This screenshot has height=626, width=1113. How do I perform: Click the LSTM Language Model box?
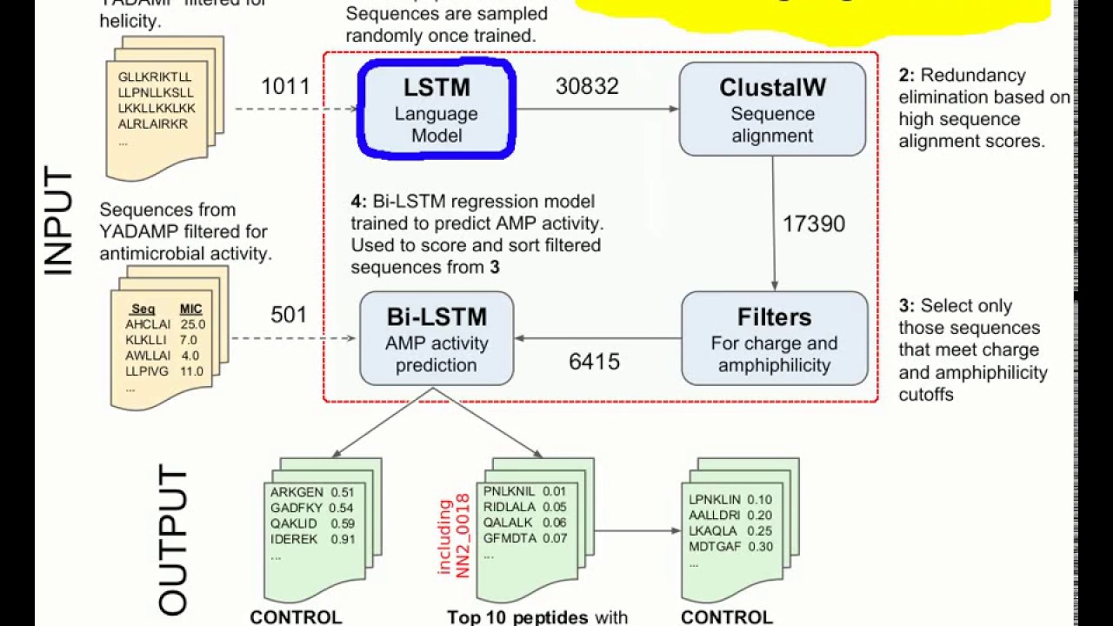click(437, 110)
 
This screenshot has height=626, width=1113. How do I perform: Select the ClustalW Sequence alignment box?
click(772, 110)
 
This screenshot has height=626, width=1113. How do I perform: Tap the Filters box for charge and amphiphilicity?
click(774, 339)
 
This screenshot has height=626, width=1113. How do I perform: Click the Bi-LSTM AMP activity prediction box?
click(437, 339)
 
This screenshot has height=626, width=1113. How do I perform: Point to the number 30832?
click(587, 86)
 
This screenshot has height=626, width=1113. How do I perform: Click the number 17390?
click(813, 224)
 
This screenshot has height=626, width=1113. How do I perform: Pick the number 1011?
click(285, 86)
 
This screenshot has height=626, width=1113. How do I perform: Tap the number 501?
click(289, 315)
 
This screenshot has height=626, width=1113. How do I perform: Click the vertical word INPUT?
click(58, 223)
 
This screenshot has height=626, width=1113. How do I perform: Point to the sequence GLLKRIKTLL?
click(155, 77)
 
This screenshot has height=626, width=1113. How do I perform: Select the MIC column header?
click(190, 309)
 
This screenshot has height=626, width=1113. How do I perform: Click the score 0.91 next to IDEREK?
click(343, 539)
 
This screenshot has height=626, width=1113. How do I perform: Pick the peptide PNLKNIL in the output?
click(510, 491)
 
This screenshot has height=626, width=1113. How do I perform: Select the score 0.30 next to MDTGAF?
click(759, 546)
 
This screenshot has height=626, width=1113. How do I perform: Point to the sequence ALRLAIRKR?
click(153, 124)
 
